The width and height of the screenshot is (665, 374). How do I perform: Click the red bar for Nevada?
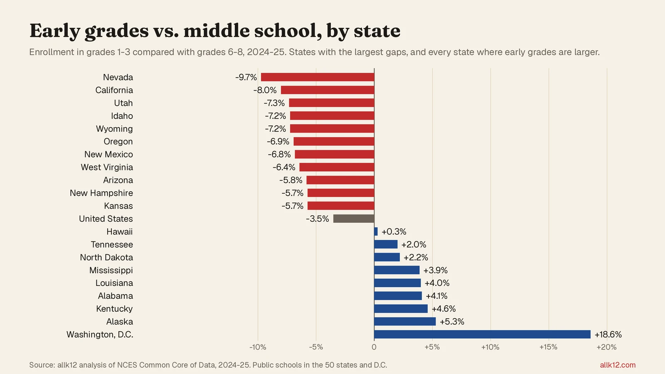coord(318,77)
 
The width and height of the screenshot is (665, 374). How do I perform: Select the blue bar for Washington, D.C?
coord(483,334)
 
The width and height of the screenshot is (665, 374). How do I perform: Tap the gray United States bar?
coord(354,219)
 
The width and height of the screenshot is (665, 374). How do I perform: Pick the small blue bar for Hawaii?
coord(376,231)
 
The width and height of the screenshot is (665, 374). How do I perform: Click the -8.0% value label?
coord(265,90)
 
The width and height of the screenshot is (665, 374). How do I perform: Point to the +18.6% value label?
coord(608,335)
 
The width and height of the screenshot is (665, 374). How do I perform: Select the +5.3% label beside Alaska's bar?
coord(452,322)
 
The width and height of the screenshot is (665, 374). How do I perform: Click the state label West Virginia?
coord(107,167)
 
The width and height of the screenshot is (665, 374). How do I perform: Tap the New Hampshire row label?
coord(101,193)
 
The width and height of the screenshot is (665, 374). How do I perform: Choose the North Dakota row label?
coord(106,257)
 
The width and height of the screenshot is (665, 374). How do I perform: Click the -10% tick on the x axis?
coord(258,347)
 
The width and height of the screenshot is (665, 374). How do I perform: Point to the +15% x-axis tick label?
coord(548,347)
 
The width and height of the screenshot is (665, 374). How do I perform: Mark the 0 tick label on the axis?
coord(374,347)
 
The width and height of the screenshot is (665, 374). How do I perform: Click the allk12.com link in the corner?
coord(618,365)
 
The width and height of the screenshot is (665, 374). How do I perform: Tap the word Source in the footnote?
coord(42,365)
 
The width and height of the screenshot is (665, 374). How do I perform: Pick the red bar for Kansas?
coord(341,206)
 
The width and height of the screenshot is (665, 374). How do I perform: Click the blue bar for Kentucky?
coord(401,309)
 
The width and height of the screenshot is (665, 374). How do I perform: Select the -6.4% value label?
coord(284,167)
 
